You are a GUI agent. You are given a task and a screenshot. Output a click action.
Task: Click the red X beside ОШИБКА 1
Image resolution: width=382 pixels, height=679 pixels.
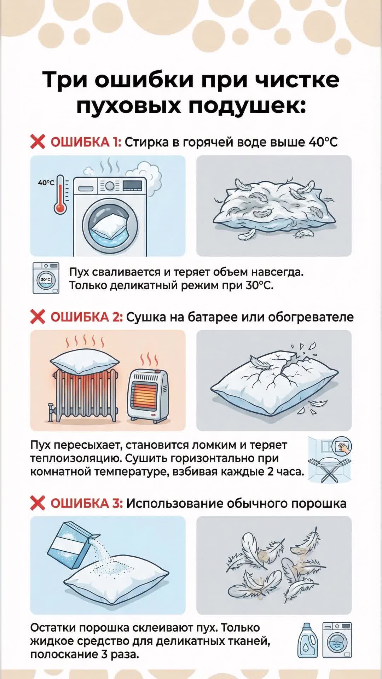(37, 142)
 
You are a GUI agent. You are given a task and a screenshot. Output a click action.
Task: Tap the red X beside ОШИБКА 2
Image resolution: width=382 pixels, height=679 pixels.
(37, 317)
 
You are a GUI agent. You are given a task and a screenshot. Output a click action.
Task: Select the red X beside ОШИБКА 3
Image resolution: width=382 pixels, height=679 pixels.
(37, 503)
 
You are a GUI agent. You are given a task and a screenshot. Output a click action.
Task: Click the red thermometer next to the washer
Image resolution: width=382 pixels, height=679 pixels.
(60, 195)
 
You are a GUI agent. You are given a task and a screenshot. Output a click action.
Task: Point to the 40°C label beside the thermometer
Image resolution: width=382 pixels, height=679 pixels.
(46, 183)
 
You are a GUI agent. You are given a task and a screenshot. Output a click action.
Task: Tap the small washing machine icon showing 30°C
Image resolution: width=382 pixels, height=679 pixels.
(46, 278)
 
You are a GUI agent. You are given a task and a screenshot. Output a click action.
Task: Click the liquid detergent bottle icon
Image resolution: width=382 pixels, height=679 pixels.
(308, 640)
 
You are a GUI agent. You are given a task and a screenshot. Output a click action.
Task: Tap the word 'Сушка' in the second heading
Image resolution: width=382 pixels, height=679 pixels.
(146, 317)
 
